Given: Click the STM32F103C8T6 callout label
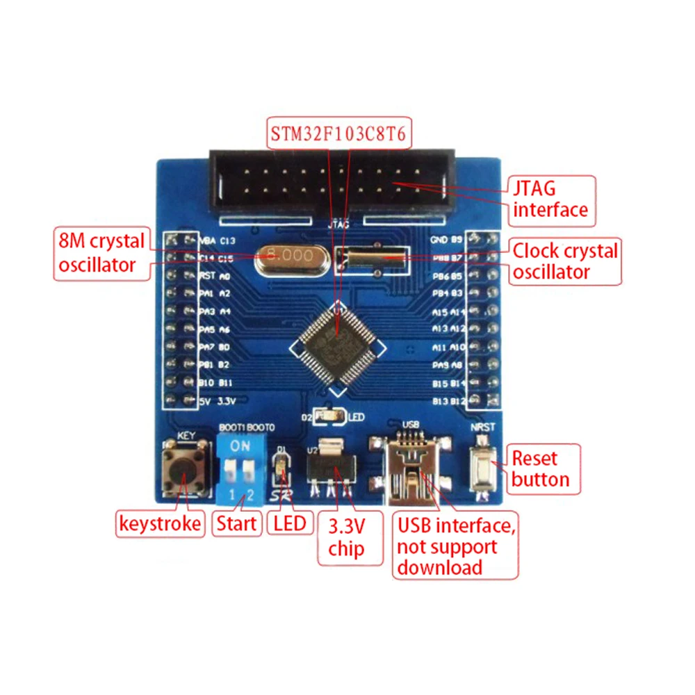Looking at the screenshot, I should (339, 131).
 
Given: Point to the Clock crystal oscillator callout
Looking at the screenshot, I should (564, 261).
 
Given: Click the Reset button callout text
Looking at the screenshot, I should (541, 468).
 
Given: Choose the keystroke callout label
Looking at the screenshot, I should (160, 523).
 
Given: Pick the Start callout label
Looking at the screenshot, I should (236, 523).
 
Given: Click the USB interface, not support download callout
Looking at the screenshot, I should (455, 546).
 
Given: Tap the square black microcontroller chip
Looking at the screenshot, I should (338, 345).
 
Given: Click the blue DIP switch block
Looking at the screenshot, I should (241, 469).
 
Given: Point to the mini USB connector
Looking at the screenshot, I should (412, 467).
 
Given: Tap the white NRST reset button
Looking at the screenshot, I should (482, 464).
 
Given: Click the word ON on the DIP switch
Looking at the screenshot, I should (240, 445).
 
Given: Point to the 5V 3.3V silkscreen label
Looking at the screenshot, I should (218, 401).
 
